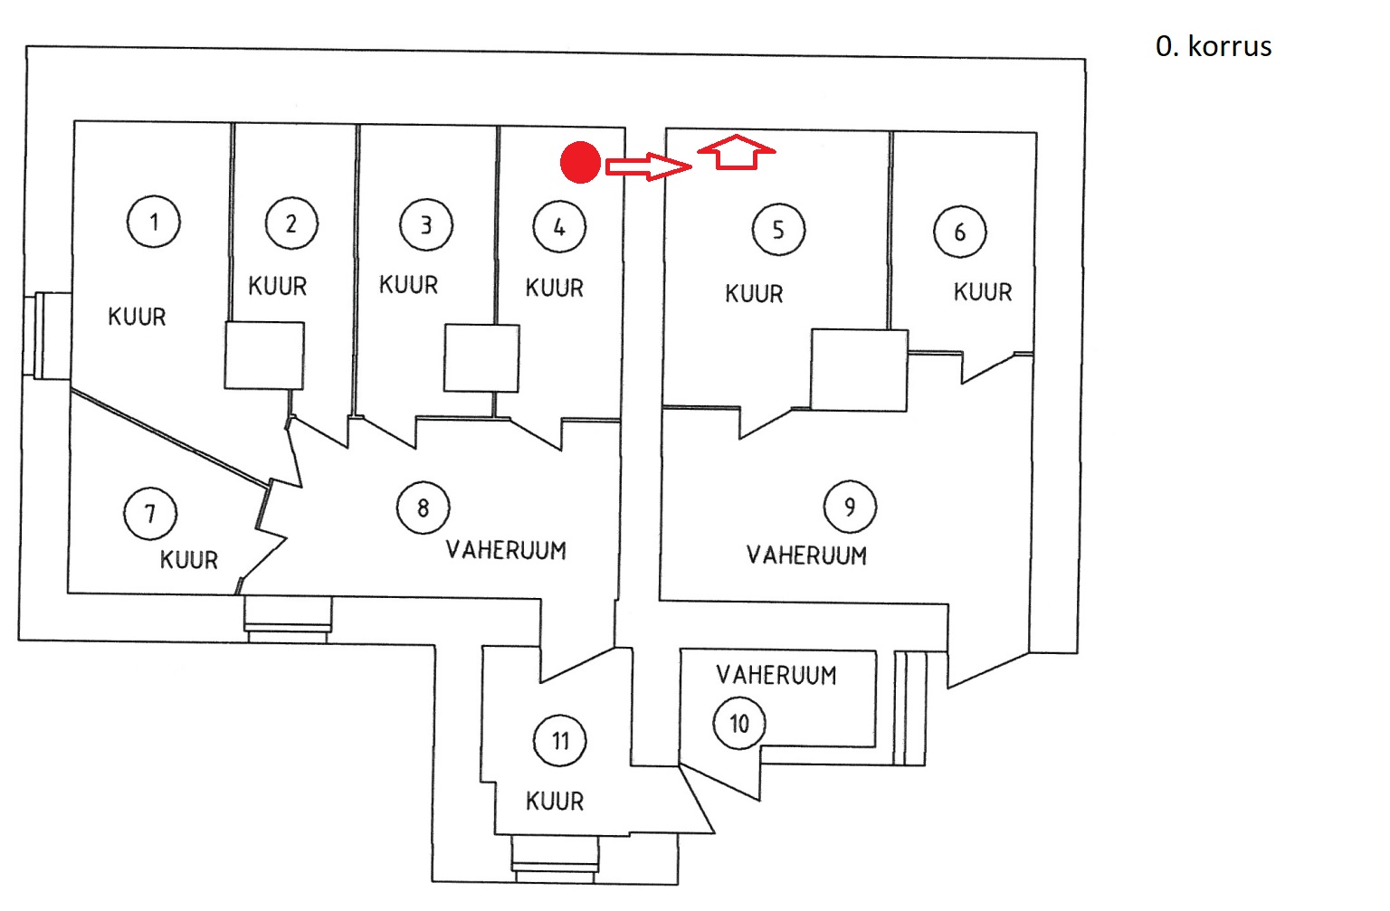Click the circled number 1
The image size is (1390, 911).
tap(154, 222)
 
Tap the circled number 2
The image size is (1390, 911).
tap(291, 223)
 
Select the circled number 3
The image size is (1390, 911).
tap(426, 225)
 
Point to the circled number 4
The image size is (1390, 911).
tap(559, 227)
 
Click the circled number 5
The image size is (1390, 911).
tap(778, 230)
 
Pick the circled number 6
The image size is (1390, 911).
tap(960, 232)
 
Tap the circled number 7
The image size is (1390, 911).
tap(150, 514)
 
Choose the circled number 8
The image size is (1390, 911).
tap(423, 508)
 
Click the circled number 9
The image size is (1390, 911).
tap(850, 506)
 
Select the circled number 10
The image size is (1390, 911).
tap(739, 724)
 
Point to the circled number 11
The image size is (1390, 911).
tap(560, 741)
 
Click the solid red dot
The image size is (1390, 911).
tap(580, 163)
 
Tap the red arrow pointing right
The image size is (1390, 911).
tap(648, 166)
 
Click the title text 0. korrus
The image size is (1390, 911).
tap(1214, 46)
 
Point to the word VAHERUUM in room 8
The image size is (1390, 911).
tap(506, 550)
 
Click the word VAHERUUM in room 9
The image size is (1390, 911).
tap(806, 555)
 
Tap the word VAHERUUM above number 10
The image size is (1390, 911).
tap(776, 675)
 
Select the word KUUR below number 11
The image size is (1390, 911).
tap(555, 802)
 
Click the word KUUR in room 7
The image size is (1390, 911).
tap(189, 560)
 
